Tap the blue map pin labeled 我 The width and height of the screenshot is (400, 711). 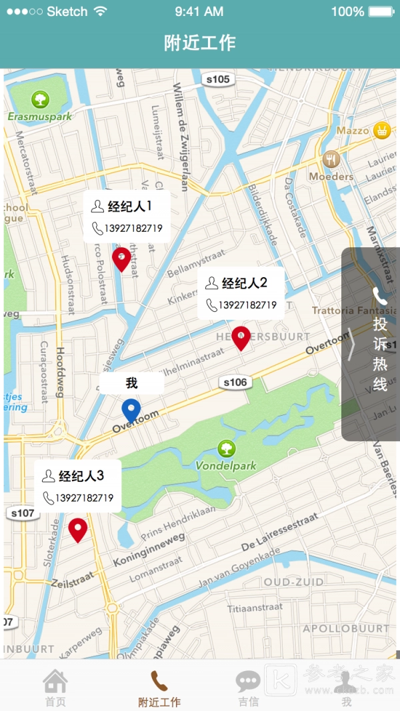(131, 410)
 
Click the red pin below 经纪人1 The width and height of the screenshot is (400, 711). (121, 259)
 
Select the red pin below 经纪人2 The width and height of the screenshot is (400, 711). (241, 337)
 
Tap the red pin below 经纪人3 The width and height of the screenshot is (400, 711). (78, 529)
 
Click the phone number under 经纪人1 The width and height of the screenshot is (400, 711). (133, 229)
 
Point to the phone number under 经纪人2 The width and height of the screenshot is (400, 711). (247, 305)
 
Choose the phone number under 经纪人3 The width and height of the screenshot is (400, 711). (84, 498)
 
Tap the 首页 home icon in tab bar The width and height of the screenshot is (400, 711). (55, 681)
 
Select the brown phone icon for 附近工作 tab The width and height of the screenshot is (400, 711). (159, 681)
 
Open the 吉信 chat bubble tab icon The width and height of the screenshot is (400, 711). (248, 681)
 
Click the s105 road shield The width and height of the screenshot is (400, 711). (217, 79)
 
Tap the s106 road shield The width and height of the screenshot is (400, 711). (235, 382)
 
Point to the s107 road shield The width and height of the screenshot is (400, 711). (22, 513)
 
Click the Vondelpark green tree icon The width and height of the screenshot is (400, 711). (226, 448)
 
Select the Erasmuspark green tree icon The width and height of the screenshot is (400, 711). (41, 100)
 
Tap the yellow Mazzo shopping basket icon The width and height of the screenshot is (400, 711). (381, 130)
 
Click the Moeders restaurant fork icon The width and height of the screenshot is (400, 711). (331, 159)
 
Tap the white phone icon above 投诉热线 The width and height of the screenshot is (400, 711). (380, 297)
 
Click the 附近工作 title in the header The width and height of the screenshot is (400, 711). (200, 43)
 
